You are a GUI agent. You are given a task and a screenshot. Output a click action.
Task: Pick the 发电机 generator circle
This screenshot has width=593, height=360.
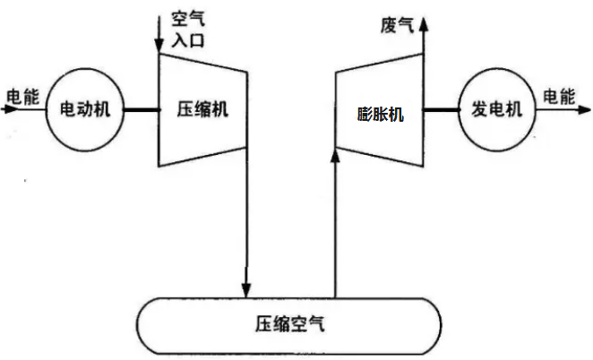coord(495,109)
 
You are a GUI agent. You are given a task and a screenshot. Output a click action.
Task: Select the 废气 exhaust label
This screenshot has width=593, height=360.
coord(397,25)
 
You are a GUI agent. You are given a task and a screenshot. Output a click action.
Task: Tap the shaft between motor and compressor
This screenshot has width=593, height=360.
coord(141,109)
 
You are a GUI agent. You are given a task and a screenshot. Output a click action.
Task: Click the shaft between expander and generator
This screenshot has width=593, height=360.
coord(440,110)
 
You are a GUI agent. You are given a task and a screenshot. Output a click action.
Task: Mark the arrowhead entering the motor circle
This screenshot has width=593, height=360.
coord(38,109)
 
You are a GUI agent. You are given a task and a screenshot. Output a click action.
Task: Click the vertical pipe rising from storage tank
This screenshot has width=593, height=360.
coord(335,233)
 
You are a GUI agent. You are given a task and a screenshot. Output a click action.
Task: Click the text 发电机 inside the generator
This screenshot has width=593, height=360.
coord(495,109)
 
